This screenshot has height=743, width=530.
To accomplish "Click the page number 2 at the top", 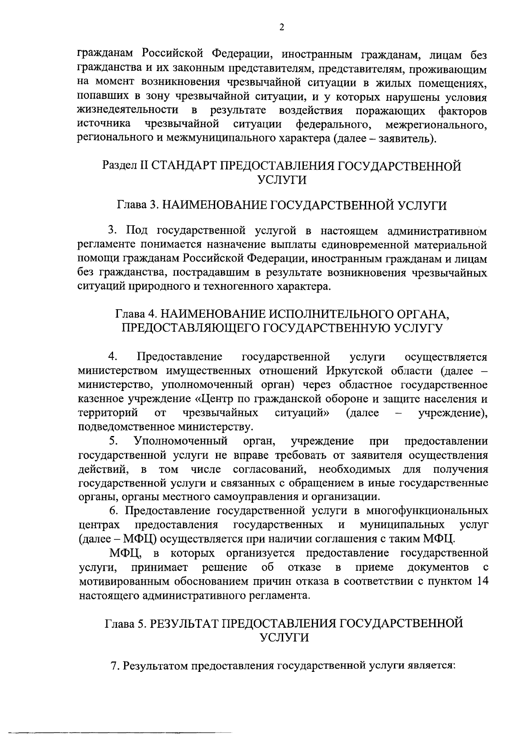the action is coord(282,28).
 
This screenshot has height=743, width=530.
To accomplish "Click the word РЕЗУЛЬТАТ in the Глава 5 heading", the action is coord(183,623).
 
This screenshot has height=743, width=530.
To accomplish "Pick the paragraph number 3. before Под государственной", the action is coord(113,230).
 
